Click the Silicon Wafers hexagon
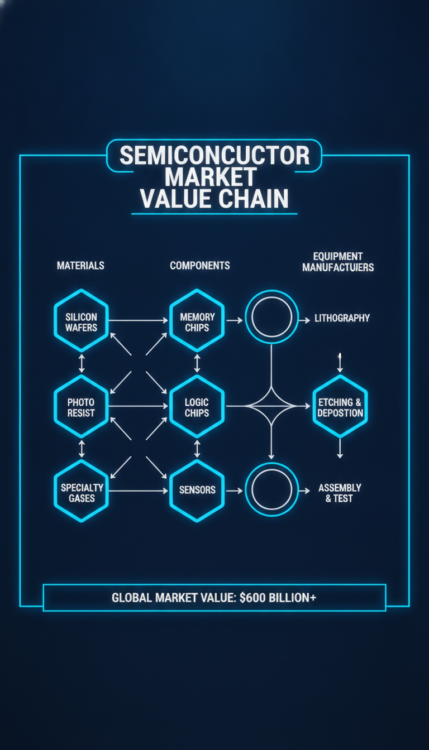[x=81, y=320]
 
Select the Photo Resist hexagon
[x=81, y=406]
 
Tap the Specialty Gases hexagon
[x=81, y=491]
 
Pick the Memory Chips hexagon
[x=197, y=320]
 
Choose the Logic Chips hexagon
[x=197, y=406]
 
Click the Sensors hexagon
[x=197, y=491]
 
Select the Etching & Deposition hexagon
[x=340, y=406]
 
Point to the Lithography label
[x=342, y=318]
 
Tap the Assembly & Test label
[x=340, y=493]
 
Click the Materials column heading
[x=80, y=266]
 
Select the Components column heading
[x=200, y=266]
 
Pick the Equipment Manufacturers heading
[x=338, y=262]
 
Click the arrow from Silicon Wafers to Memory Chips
[x=139, y=320]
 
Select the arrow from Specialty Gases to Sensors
[x=139, y=491]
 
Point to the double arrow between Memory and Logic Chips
[x=197, y=363]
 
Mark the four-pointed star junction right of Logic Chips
[x=271, y=406]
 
